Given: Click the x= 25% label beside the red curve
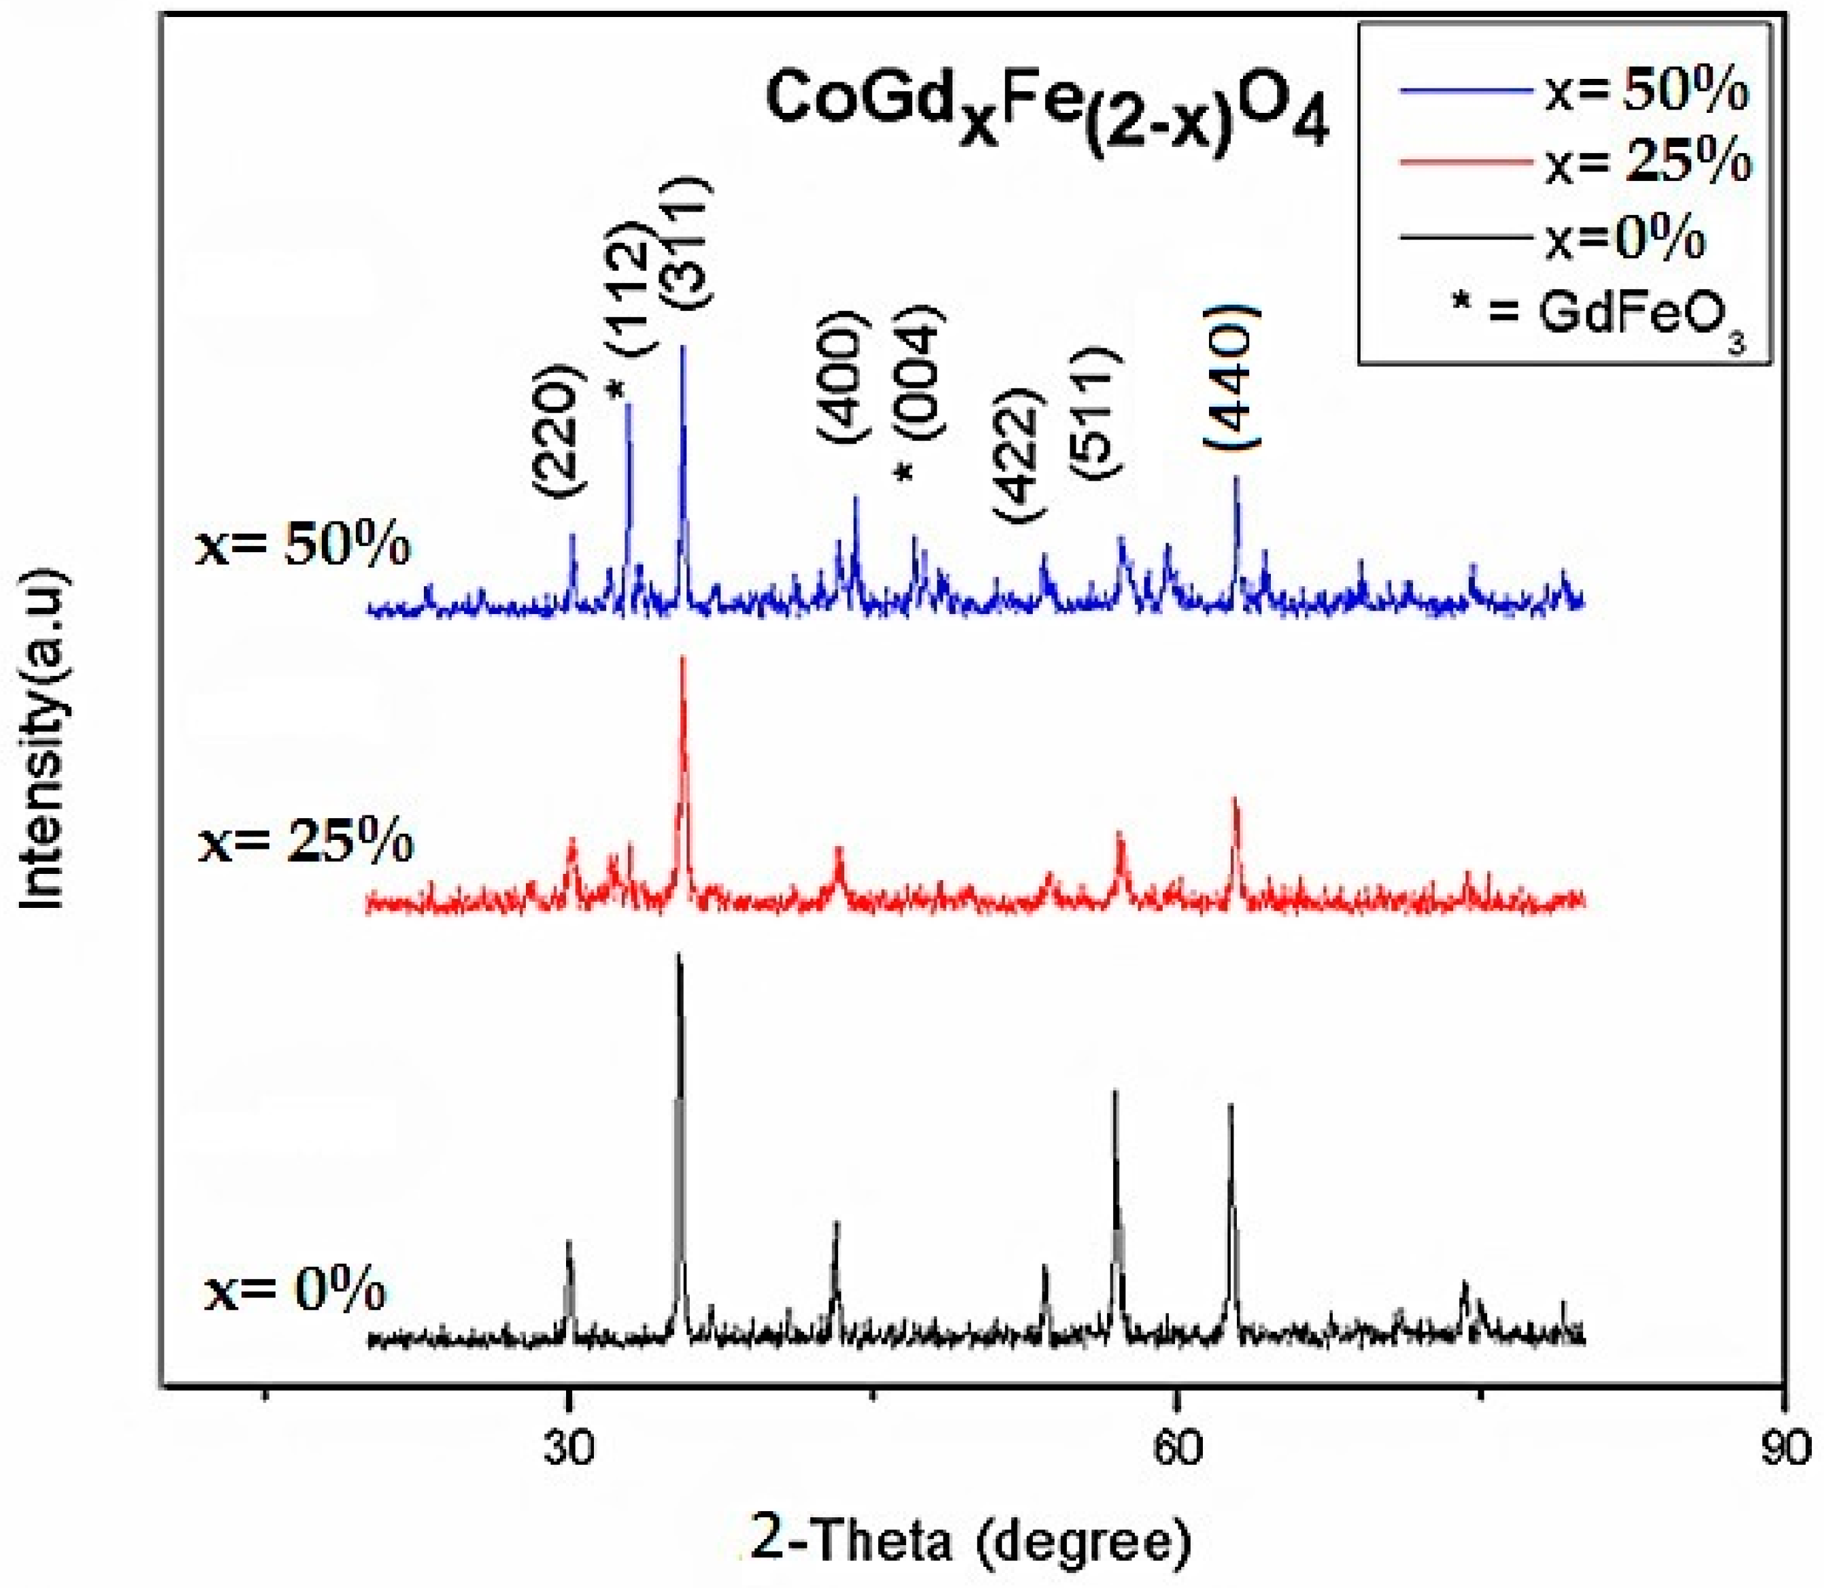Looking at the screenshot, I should click(305, 842).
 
